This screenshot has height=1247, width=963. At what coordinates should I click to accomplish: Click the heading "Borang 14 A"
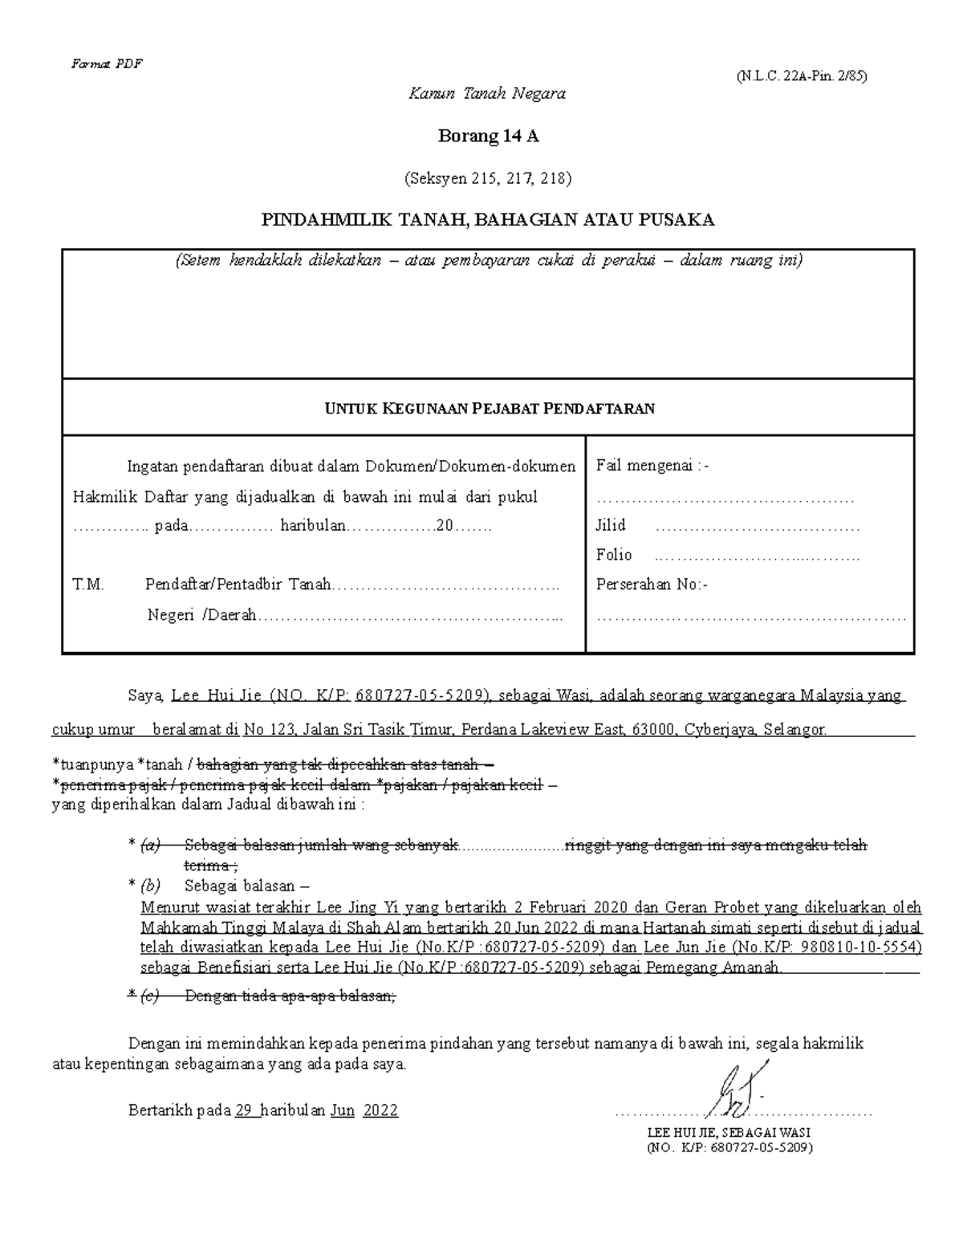click(488, 137)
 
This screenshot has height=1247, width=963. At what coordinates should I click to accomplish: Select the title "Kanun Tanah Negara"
click(487, 94)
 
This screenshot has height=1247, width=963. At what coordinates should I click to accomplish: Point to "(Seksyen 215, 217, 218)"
click(488, 178)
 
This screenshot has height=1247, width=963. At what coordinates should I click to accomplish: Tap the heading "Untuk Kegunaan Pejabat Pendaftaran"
click(488, 409)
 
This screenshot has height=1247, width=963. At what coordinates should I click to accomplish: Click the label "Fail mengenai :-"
click(652, 466)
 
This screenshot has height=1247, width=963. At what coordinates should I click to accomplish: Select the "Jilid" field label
click(611, 526)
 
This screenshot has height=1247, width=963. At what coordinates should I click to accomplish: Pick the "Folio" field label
click(614, 555)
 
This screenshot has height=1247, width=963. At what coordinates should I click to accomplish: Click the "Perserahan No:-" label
click(652, 585)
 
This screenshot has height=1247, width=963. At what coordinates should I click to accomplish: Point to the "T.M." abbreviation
click(88, 585)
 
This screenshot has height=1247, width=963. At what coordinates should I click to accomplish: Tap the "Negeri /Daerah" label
click(201, 615)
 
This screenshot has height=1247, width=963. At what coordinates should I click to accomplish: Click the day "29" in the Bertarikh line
click(244, 1111)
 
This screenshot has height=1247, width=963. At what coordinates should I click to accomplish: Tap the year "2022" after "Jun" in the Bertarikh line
click(380, 1111)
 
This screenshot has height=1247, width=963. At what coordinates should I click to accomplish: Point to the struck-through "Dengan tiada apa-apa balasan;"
click(291, 996)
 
